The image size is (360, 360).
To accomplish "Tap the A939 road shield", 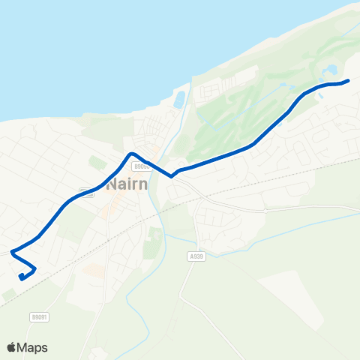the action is click(196, 256).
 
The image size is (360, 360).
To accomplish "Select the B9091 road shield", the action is click(40, 317).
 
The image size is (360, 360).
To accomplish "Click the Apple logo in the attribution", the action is click(12, 347).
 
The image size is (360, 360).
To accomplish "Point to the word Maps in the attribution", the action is click(33, 347).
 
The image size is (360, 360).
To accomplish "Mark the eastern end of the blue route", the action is click(348, 81).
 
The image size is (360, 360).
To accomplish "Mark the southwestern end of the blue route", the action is click(21, 278).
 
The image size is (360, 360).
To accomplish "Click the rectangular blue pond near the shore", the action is click(179, 98).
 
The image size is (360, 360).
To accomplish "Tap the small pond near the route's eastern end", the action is click(330, 73).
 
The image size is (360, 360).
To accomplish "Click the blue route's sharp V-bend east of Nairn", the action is click(172, 177).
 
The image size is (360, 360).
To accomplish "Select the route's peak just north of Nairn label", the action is click(132, 154).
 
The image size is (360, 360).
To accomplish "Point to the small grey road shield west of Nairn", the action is click(85, 193).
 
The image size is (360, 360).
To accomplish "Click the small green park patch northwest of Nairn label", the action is click(97, 161).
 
